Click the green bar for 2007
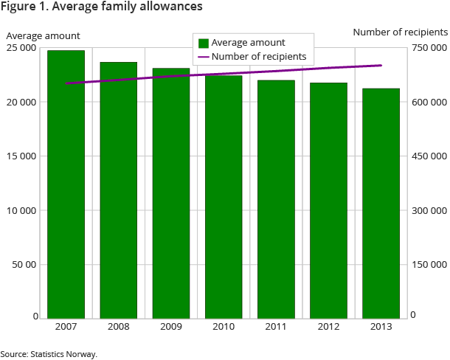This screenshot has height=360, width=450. pos(66,184)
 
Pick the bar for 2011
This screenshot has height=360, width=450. pos(276,199)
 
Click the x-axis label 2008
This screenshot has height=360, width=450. pos(118,327)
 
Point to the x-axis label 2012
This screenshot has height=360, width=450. pos(328,327)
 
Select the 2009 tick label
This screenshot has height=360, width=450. pos(171,327)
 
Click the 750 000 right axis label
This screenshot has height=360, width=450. pos(429,48)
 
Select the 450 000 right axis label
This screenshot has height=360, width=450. pos(429,156)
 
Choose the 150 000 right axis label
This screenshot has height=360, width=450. pos(429,264)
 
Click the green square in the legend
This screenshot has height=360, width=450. pos(204,44)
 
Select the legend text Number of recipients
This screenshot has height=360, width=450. pos(258,57)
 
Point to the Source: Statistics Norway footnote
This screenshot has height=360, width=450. pos(49,354)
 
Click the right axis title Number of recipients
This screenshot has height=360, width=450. pos(400,32)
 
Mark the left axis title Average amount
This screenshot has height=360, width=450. pos(43,35)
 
